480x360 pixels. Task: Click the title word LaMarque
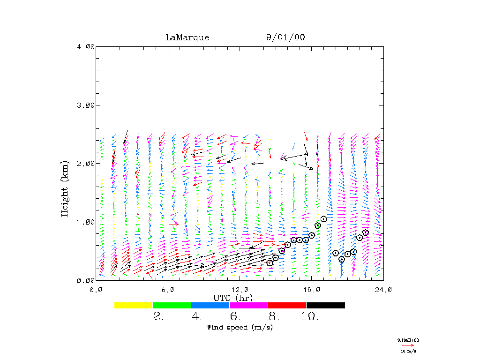(x=187, y=37)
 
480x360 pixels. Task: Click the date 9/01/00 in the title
(x=285, y=37)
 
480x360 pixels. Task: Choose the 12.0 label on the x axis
(x=240, y=290)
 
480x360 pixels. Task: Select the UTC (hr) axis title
(x=233, y=298)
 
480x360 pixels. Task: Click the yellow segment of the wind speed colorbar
(x=134, y=305)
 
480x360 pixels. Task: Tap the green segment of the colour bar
(x=172, y=305)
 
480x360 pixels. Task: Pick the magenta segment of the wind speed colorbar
(x=248, y=305)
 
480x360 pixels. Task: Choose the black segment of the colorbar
(x=325, y=305)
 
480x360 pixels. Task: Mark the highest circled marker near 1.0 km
(x=323, y=219)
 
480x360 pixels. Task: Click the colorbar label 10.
(x=309, y=317)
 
